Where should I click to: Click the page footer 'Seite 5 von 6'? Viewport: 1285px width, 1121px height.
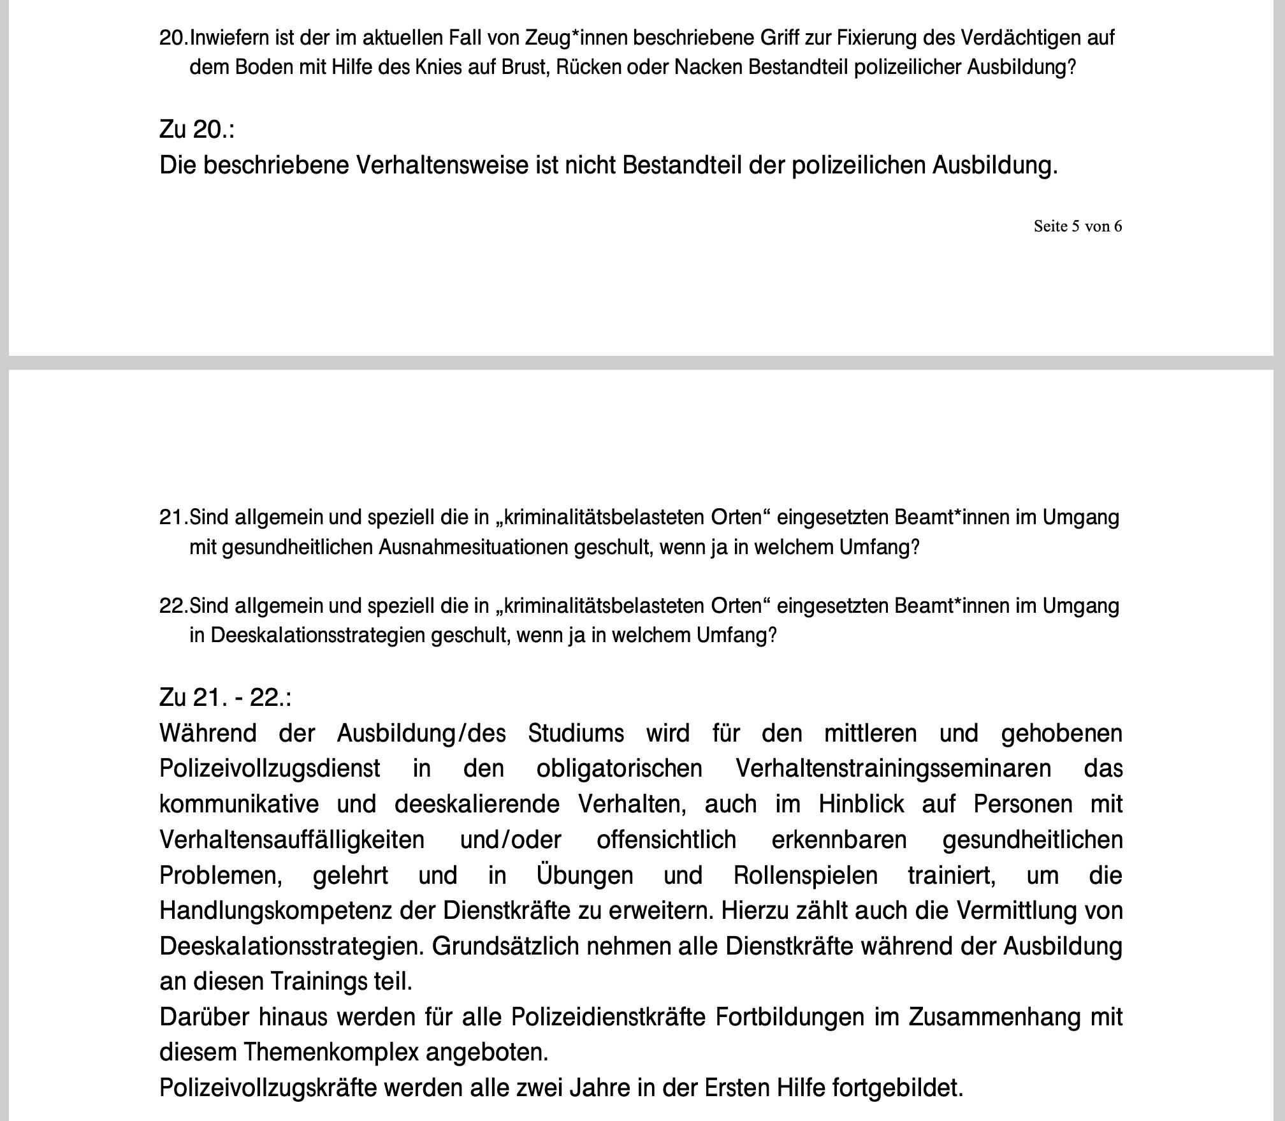tap(1077, 226)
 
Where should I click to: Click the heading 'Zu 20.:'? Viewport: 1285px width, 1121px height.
tap(196, 129)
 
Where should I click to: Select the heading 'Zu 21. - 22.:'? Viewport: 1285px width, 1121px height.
tap(225, 698)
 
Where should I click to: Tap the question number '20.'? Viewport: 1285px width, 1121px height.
tap(173, 38)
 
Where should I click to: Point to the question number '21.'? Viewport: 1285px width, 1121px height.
tap(173, 517)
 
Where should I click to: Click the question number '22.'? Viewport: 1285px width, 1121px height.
tap(173, 606)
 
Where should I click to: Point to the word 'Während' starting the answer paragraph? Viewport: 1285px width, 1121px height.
tap(208, 733)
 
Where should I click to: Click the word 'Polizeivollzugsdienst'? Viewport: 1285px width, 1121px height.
tap(270, 769)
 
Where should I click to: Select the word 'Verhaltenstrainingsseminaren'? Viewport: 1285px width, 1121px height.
tap(893, 769)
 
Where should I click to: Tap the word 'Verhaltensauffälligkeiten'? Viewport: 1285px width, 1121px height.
tap(292, 840)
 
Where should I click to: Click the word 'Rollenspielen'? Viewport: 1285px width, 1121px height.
tap(806, 876)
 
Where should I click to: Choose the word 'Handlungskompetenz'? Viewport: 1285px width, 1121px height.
tap(275, 911)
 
